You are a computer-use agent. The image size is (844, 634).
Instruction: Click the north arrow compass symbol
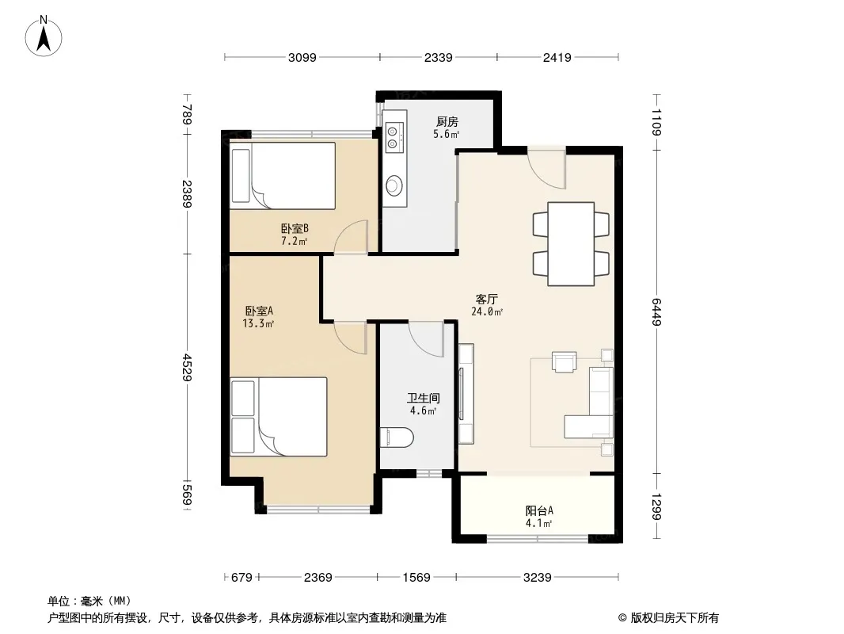pos(44,36)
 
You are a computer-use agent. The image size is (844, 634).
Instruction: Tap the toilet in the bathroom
pos(396,437)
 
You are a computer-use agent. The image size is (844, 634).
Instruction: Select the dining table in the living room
pos(571,243)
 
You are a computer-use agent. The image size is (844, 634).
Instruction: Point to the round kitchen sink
pos(394,185)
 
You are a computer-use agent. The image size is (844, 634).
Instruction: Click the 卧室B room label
pos(295,228)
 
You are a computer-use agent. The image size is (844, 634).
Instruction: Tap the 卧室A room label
pos(259,311)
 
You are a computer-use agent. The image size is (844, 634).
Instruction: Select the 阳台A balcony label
pos(539,510)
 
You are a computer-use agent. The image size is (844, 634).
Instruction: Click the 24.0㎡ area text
pos(487,311)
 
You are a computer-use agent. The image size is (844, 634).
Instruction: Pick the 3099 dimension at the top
pos(302,57)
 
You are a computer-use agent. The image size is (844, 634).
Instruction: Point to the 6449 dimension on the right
pos(656,311)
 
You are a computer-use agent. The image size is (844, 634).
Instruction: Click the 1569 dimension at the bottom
pos(416,578)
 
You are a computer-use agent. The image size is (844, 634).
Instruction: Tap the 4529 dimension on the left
pos(187,368)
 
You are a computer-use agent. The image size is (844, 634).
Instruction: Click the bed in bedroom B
pos(283,176)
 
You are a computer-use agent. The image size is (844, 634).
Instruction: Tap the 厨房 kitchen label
pos(447,122)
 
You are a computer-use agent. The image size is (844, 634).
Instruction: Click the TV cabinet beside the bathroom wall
pos(466,394)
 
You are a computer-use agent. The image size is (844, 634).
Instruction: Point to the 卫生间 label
pos(423,398)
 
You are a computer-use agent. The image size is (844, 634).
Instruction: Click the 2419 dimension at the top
pos(557,57)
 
